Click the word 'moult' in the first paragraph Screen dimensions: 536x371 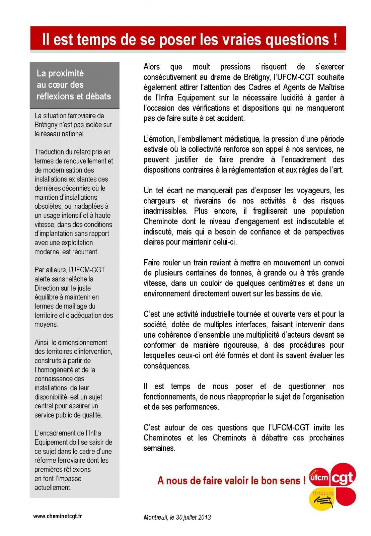tap(201, 67)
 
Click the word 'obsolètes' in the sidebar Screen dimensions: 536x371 tap(48, 206)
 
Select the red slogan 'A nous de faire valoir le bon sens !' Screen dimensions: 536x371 tap(231, 481)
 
